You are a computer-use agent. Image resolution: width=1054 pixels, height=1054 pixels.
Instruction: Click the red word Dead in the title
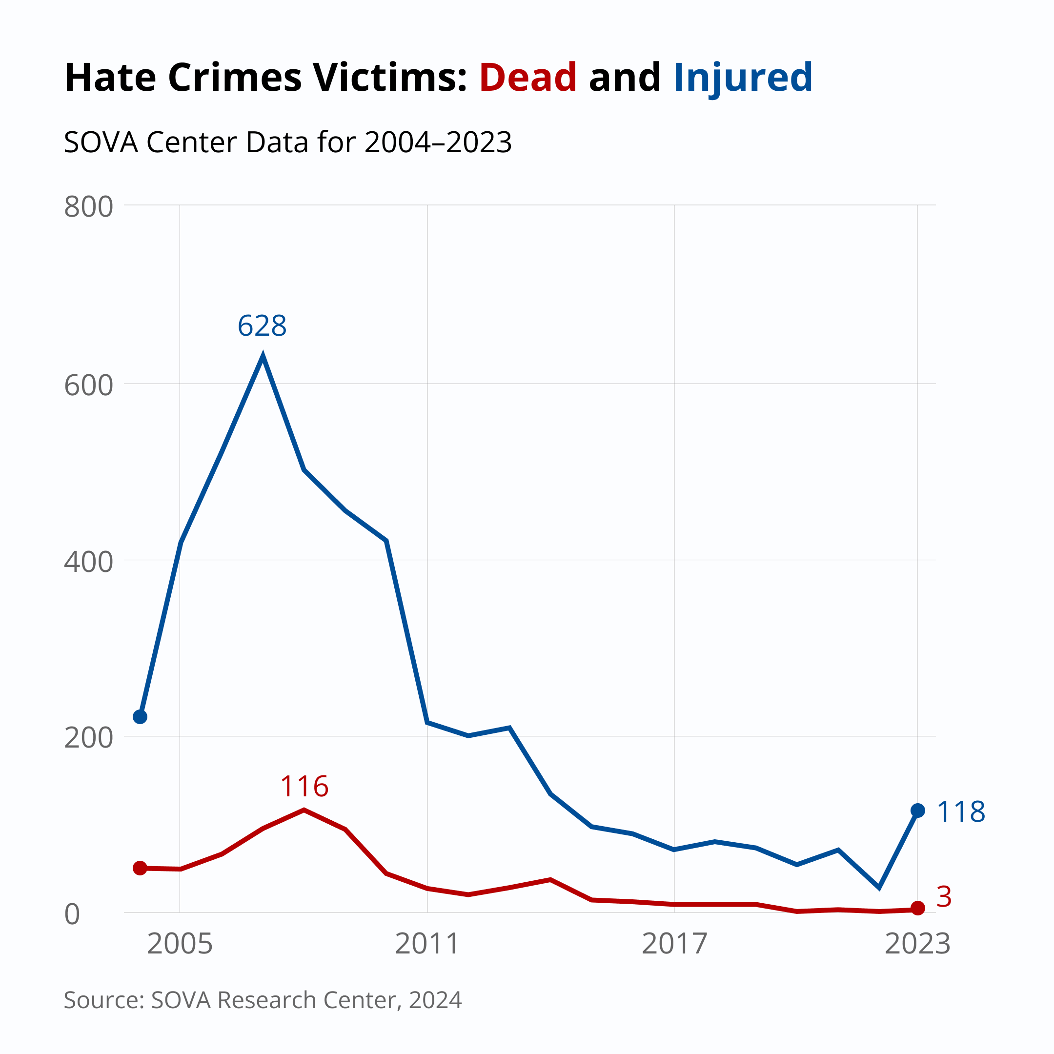527,78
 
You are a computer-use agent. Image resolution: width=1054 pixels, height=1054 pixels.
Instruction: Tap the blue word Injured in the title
743,78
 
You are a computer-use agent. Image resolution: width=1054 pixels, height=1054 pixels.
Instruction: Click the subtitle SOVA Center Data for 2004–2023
287,142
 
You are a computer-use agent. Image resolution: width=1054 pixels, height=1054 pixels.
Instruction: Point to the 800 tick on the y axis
88,207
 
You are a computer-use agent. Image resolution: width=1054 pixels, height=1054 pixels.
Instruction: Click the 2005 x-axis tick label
180,944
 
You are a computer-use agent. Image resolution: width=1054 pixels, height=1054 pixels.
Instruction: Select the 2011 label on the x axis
427,944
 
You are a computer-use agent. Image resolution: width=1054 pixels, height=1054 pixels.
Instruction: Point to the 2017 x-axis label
674,944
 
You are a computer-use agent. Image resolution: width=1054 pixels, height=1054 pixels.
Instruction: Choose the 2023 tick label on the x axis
917,944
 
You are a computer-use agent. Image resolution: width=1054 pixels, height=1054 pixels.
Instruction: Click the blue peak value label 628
262,326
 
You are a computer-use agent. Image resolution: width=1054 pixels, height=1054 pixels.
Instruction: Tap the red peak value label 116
304,787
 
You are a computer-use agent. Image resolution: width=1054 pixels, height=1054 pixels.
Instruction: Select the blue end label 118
961,812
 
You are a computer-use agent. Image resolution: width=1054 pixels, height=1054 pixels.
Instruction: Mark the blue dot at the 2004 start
140,717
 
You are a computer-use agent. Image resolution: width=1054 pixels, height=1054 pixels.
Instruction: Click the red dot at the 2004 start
140,868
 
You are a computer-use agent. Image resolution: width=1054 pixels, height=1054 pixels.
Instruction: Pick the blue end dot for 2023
917,811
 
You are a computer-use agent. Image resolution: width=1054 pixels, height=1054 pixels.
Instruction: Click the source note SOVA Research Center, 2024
263,1000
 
